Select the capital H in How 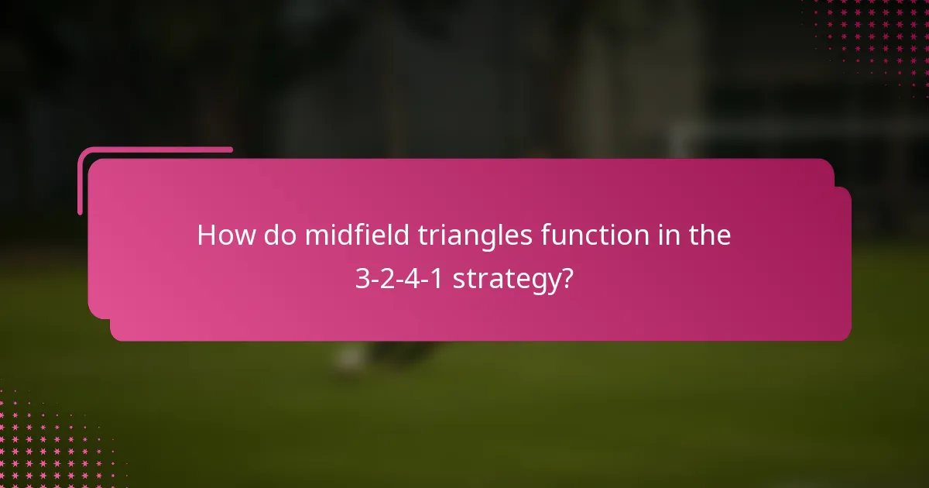[x=206, y=235]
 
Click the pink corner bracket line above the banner [x=155, y=150]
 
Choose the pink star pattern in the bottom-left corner [x=46, y=442]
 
